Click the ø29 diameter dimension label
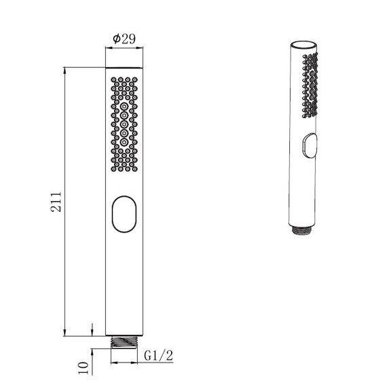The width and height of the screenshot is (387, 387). click(124, 39)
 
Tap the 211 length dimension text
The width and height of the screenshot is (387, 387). click(56, 202)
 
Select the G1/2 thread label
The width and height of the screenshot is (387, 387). click(158, 356)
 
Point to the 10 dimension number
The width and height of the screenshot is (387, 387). click(84, 368)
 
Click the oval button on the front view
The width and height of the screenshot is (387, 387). click(124, 215)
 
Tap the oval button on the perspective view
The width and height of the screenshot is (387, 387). click(309, 145)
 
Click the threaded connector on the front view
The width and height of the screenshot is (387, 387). click(124, 342)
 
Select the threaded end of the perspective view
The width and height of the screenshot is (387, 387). click(302, 229)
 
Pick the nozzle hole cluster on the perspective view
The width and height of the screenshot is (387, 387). click(310, 85)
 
